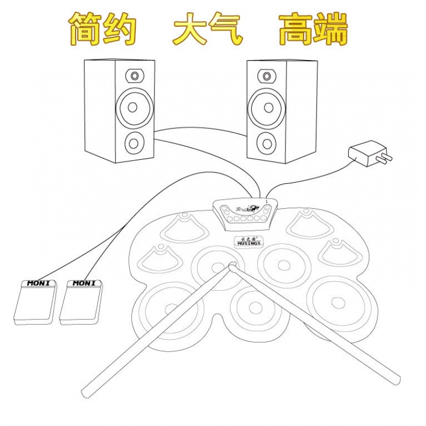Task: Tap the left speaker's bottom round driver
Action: point(134,142)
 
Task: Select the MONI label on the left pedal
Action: point(38,283)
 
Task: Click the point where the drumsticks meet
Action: point(233,266)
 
